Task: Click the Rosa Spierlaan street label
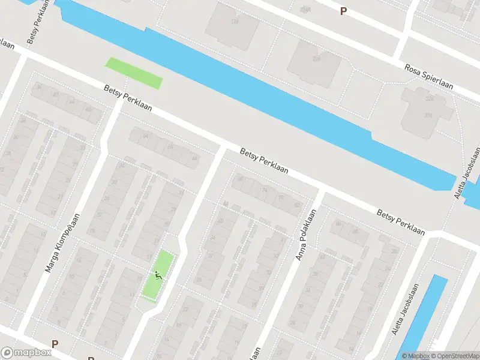431,78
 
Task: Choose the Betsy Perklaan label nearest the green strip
128,99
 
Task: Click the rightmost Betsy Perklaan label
400,221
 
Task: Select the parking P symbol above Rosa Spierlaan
343,11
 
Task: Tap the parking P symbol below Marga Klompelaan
55,344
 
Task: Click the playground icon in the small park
158,276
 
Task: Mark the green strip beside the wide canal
134,73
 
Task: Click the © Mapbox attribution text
416,356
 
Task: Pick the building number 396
429,115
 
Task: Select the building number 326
429,99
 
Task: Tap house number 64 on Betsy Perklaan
145,137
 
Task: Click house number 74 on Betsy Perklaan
265,190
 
